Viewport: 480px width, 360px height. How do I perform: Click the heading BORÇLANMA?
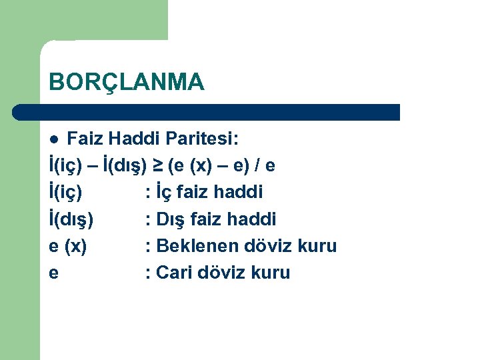(x=127, y=82)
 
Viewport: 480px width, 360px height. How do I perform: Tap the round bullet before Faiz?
(x=55, y=139)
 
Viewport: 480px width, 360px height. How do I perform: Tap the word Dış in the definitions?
(x=172, y=219)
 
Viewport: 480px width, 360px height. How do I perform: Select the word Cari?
(x=175, y=272)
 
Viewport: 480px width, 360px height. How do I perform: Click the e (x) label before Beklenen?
(x=68, y=245)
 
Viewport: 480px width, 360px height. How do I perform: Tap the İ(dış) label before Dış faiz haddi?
(x=71, y=219)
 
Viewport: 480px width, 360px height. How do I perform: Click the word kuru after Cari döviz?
(x=270, y=272)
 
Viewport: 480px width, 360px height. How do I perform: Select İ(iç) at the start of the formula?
(x=66, y=165)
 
